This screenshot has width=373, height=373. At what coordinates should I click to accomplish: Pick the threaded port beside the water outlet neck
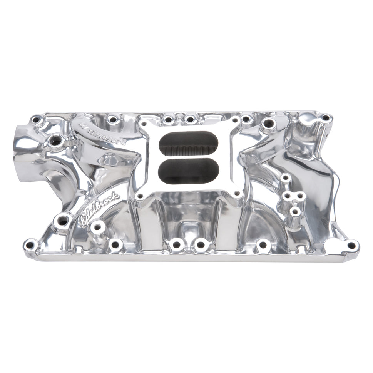point(55,141)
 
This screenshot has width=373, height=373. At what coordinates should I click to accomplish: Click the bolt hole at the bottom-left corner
point(30,244)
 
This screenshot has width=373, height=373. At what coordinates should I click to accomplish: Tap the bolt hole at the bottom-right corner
point(351,245)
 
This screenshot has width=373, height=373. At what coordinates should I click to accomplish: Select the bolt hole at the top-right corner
point(325,118)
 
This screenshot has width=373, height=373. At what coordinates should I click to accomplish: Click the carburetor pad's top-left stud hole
point(146,124)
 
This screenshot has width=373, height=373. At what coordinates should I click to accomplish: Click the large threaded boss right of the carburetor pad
point(268,124)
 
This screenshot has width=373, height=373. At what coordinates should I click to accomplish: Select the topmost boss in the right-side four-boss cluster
point(285,178)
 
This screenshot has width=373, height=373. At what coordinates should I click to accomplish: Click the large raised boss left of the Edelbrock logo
point(63,221)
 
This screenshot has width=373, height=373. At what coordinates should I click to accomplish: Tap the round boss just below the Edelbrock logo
point(97,227)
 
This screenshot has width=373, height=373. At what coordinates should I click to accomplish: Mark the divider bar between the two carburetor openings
point(188,157)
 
